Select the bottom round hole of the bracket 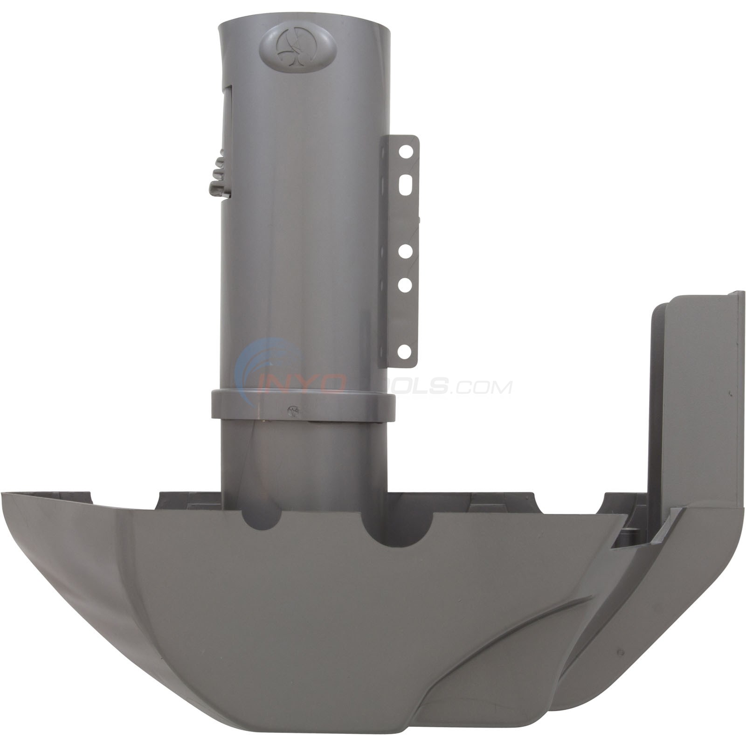point(404,350)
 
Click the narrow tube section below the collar point(303,457)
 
